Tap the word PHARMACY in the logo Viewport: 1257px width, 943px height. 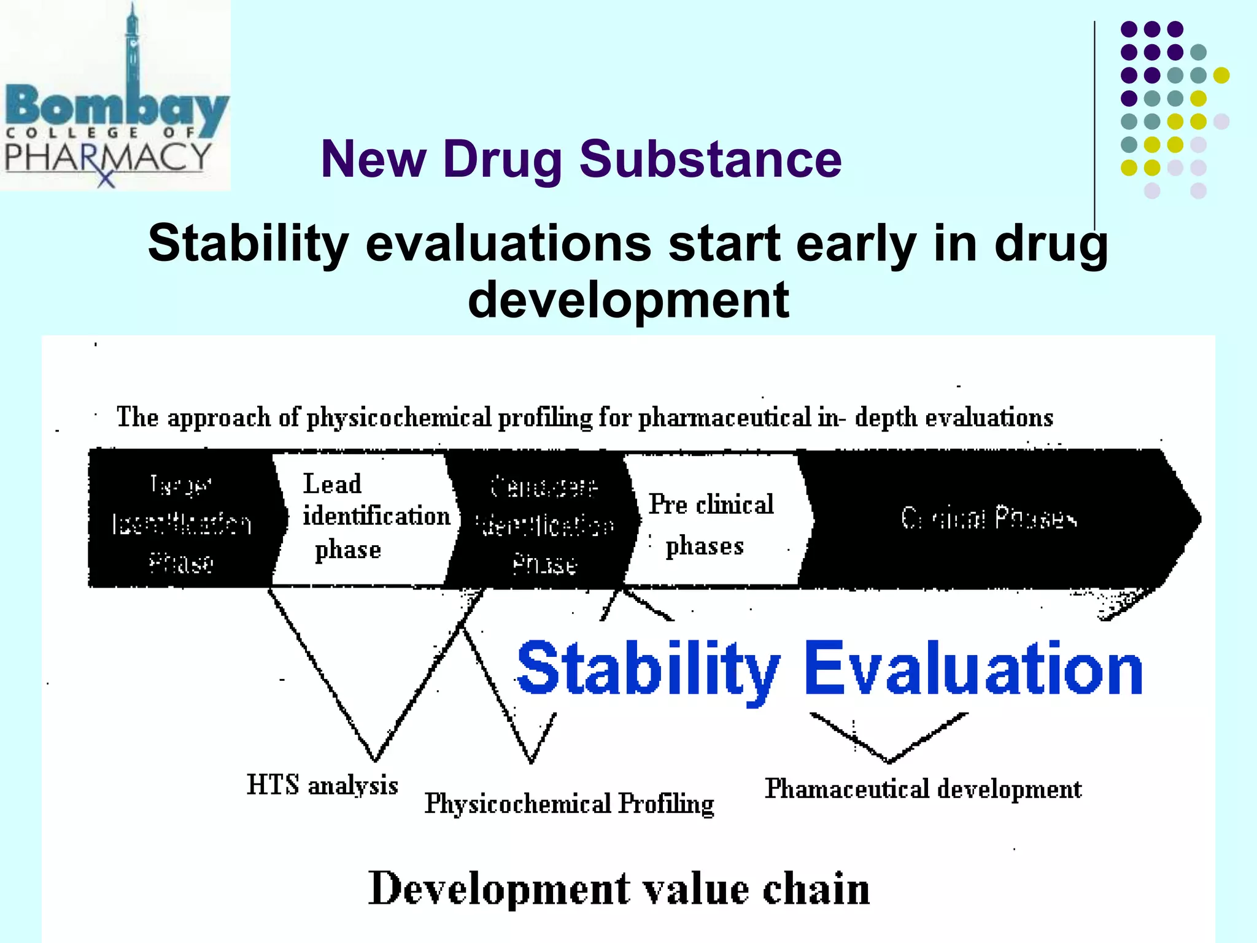tap(107, 158)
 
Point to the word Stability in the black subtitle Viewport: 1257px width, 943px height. tap(249, 244)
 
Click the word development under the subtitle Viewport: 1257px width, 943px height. tap(628, 300)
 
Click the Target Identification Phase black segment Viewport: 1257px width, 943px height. tap(181, 522)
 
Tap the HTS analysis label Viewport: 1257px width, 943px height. tap(322, 785)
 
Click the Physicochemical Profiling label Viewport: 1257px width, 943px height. tap(569, 804)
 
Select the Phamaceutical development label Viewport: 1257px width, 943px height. tap(922, 789)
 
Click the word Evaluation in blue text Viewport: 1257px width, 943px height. tap(973, 669)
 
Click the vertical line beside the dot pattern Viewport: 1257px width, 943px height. tap(1094, 123)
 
